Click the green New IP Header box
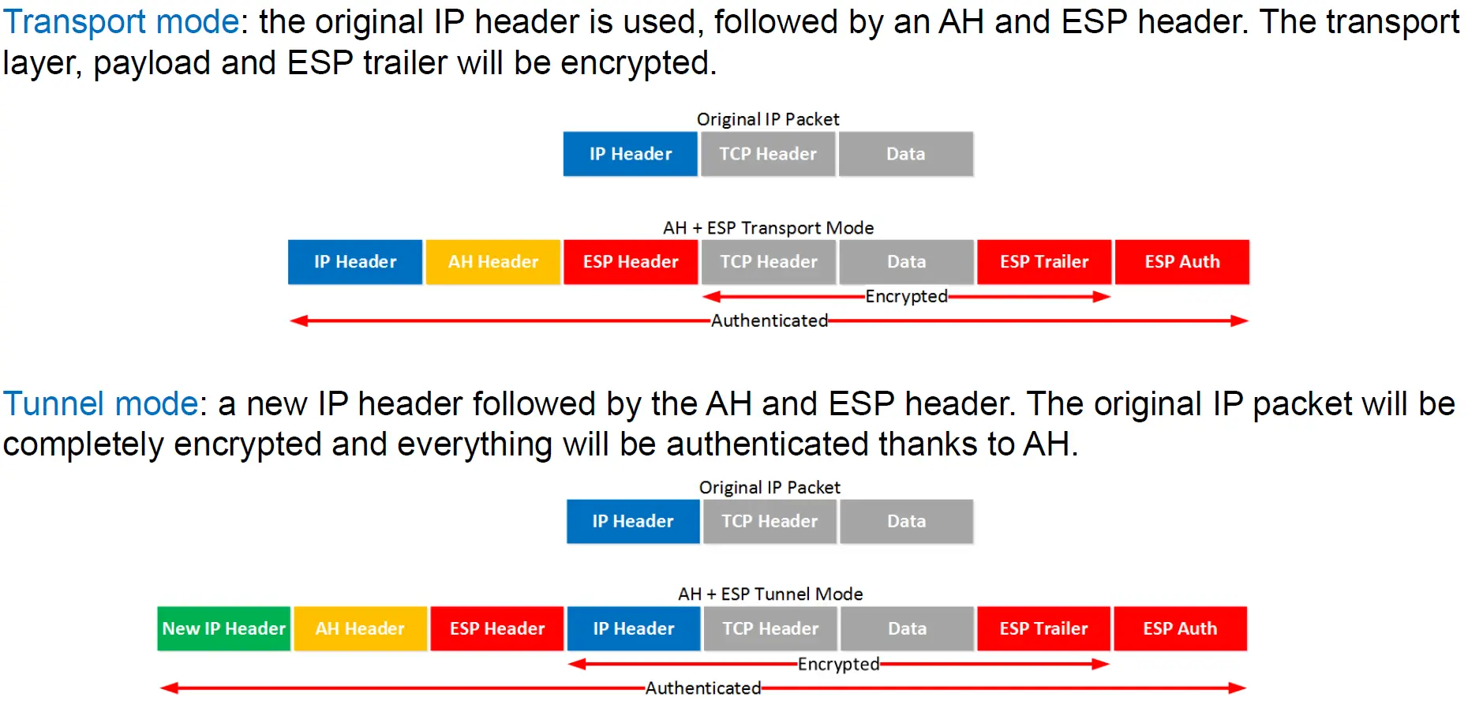click(224, 628)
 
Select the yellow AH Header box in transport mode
click(493, 262)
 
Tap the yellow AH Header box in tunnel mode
click(360, 628)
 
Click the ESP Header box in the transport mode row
click(631, 262)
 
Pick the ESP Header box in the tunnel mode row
click(497, 628)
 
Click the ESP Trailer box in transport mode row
click(1044, 262)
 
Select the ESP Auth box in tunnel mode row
click(1180, 628)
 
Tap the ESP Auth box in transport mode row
click(1182, 262)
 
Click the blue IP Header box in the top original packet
click(631, 154)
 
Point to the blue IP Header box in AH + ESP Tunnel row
click(634, 628)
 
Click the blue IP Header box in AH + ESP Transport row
click(355, 262)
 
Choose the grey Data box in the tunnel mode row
click(907, 628)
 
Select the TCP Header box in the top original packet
click(768, 154)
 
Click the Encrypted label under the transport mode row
click(906, 296)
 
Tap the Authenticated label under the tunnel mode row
click(703, 688)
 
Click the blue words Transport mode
click(121, 22)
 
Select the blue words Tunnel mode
click(100, 404)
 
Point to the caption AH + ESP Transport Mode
click(769, 228)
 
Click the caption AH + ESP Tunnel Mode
click(770, 594)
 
